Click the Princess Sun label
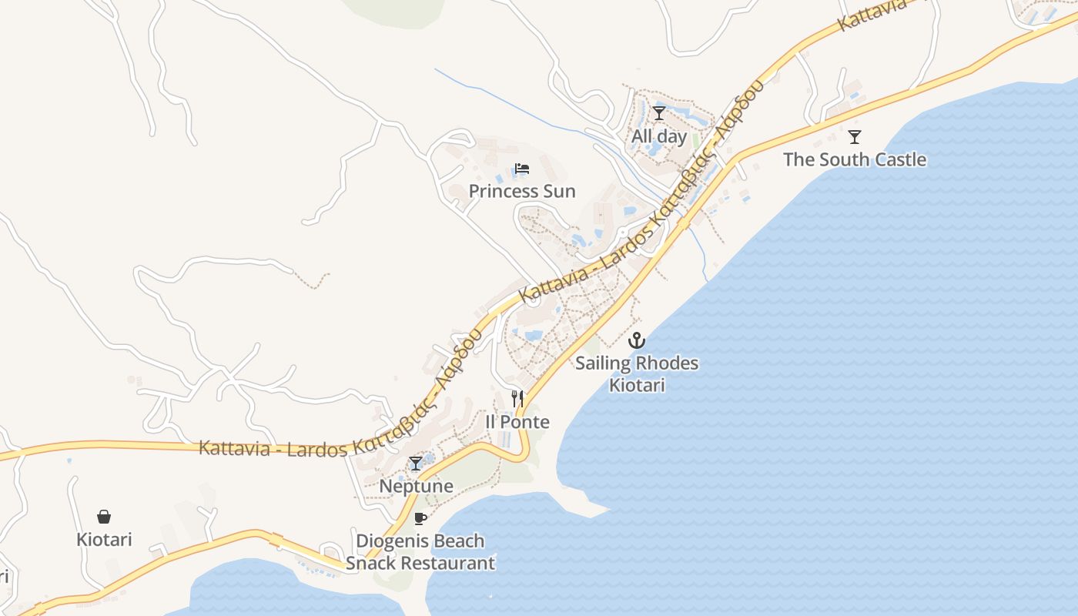pos(522,191)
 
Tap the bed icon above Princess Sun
pos(522,169)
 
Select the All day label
pos(659,137)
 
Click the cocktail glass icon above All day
pos(659,114)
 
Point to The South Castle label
pos(855,160)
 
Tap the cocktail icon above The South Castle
pos(854,137)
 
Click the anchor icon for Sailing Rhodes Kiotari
pos(637,340)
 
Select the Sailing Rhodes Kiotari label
pos(637,373)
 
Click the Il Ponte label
pos(517,422)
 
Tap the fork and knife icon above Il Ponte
pos(517,399)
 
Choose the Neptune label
pos(416,486)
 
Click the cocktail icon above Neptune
pos(416,463)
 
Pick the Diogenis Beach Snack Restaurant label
pos(420,552)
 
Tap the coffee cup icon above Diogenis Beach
pos(420,518)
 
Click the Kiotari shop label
pos(104,540)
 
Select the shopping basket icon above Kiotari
pos(104,517)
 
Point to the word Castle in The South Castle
pos(898,160)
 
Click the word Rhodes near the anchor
pos(667,363)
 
